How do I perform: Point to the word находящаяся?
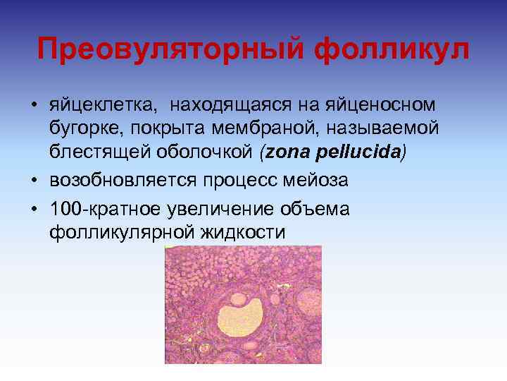point(240,105)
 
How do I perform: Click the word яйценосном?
point(381,105)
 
